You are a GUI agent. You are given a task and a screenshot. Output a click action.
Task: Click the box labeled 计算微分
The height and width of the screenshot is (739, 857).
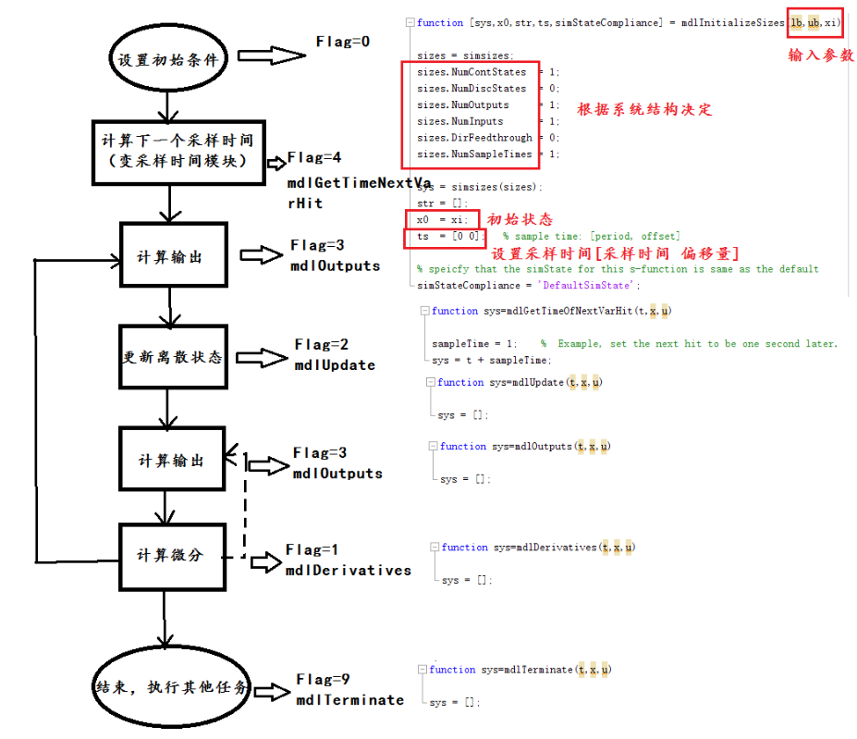point(173,555)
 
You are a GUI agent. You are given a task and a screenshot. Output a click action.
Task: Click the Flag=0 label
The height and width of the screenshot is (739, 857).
point(342,42)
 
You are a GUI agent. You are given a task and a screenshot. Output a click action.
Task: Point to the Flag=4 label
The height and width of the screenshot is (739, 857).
point(314,157)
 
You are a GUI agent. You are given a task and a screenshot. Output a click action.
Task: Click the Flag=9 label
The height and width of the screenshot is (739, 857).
point(324,680)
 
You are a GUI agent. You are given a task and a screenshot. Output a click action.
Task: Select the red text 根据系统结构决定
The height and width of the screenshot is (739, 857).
point(644,109)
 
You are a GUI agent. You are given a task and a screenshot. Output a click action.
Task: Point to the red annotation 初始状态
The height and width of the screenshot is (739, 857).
point(520,219)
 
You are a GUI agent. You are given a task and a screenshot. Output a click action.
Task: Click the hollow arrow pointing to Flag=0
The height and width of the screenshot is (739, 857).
point(272,56)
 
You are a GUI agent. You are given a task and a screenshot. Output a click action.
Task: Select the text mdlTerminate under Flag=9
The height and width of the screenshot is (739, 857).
point(349,700)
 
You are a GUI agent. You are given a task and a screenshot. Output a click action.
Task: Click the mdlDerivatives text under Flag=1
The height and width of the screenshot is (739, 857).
point(348,571)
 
